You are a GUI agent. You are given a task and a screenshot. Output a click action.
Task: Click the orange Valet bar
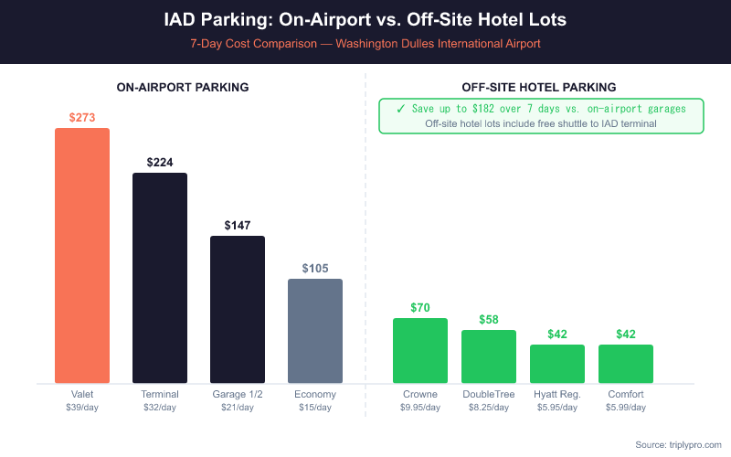[x=82, y=255]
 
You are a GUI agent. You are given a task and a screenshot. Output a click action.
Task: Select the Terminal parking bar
[x=160, y=278]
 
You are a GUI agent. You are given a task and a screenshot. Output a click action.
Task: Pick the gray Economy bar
[x=315, y=331]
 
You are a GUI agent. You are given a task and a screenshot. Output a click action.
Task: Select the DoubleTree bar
[x=489, y=356]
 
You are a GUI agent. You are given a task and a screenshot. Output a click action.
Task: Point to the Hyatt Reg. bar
[x=557, y=364]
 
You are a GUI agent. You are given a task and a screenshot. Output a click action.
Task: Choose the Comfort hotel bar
[x=626, y=364]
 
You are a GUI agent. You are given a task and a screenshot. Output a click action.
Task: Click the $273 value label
[x=82, y=117]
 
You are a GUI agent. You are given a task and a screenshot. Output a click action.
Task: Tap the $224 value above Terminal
[x=160, y=162]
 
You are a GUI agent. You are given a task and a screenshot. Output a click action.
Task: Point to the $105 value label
[x=315, y=268]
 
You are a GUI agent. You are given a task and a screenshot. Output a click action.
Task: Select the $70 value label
[x=420, y=307]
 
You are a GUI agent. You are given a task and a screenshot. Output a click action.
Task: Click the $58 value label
[x=489, y=319]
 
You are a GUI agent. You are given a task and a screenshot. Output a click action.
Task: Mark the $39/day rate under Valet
[x=82, y=407]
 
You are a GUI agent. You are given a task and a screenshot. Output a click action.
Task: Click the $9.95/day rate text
[x=420, y=407]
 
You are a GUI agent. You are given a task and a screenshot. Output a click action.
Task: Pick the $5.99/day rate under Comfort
[x=626, y=407]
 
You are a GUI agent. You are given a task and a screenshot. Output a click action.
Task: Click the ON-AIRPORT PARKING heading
[x=183, y=87]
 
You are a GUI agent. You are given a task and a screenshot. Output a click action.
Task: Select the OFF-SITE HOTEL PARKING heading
[x=539, y=87]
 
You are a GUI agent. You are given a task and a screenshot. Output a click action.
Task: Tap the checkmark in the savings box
[x=401, y=108]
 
